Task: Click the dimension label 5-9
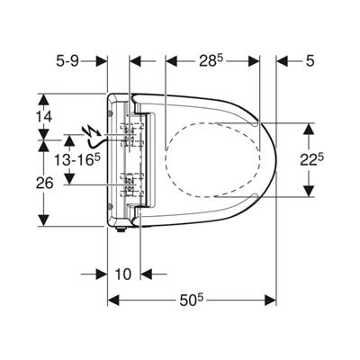[x=67, y=61]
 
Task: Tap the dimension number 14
[x=44, y=117]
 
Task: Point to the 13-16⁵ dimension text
[x=76, y=160]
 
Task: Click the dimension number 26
[x=44, y=183]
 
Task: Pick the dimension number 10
[x=123, y=274]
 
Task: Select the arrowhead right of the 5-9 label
[x=102, y=61]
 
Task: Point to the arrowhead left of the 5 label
[x=282, y=61]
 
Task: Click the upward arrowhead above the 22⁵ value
[x=309, y=129]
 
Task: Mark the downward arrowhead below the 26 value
[x=44, y=220]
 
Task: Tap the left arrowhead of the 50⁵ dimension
[x=113, y=301]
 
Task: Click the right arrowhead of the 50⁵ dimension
[x=270, y=301]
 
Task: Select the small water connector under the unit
[x=121, y=229]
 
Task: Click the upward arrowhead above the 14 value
[x=44, y=99]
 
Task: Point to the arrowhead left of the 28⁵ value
[x=172, y=61]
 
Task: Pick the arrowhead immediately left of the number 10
[x=102, y=274]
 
